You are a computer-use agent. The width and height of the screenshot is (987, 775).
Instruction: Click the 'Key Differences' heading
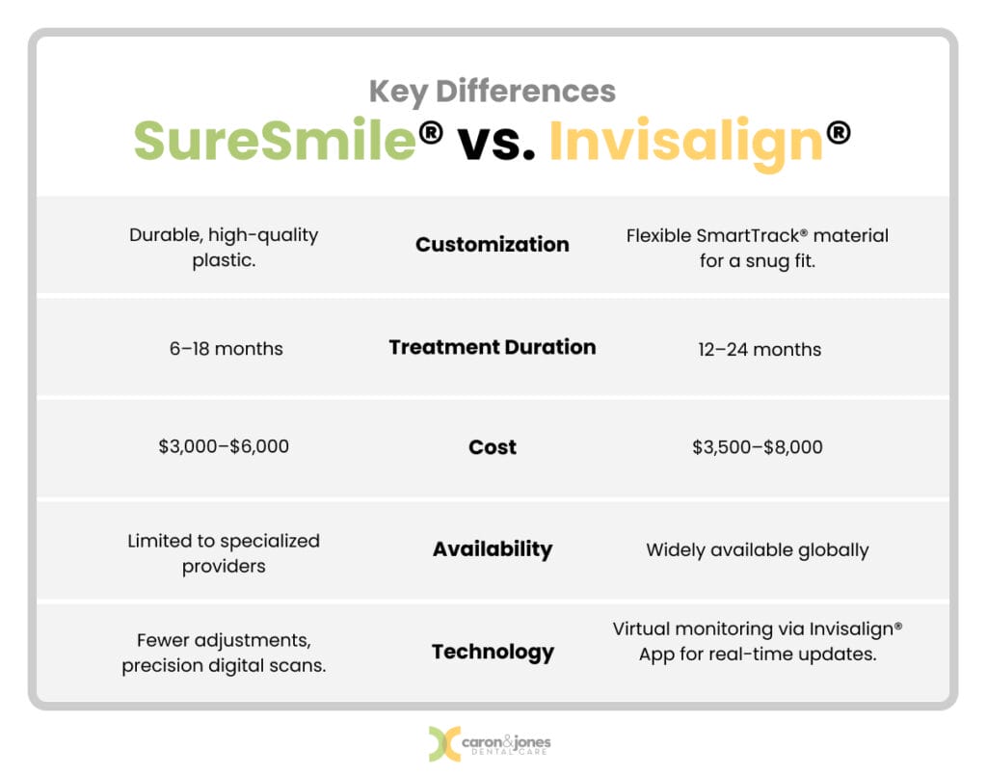[493, 91]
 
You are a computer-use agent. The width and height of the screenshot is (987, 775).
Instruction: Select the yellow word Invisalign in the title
[685, 141]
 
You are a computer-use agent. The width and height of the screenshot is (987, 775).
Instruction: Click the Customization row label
[493, 245]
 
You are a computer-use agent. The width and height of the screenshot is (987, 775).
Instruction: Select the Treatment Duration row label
[493, 347]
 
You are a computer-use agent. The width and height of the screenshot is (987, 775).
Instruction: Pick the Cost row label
[493, 447]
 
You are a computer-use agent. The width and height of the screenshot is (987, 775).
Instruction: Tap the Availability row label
[493, 549]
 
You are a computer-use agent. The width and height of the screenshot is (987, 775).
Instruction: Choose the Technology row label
[493, 652]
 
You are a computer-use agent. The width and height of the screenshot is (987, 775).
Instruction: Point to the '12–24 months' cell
[759, 349]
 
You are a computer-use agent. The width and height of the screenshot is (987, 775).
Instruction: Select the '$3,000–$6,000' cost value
[224, 447]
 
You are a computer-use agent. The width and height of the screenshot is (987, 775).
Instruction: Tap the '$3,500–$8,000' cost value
[759, 447]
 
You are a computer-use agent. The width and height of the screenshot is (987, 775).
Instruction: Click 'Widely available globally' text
[758, 550]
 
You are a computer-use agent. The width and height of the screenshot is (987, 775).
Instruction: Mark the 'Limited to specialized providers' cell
[224, 553]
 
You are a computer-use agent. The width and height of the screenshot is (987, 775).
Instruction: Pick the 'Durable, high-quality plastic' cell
[224, 248]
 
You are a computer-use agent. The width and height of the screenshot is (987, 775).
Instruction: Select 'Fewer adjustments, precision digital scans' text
[224, 653]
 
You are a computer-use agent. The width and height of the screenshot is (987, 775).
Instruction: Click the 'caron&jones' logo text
[509, 740]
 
